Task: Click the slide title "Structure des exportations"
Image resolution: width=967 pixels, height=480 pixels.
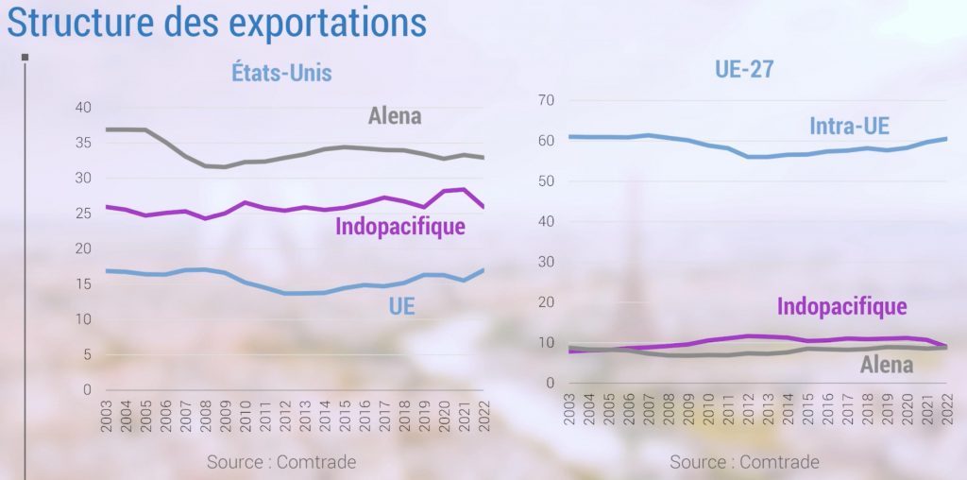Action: [216, 24]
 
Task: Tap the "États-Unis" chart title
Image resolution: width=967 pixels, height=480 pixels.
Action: [281, 73]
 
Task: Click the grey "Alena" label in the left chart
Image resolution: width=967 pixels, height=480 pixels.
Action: [394, 116]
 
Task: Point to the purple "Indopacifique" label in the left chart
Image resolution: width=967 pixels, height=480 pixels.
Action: [400, 227]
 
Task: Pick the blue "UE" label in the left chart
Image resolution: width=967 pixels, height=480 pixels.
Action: [402, 305]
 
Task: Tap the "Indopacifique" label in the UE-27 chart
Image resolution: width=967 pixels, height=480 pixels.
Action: [841, 306]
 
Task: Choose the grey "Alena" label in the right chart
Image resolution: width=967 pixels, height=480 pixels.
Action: [887, 365]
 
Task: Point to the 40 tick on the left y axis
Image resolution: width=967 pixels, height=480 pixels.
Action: [83, 108]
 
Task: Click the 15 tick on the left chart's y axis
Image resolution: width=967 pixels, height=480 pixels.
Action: [83, 284]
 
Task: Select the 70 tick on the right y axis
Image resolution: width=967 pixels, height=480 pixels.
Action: [545, 100]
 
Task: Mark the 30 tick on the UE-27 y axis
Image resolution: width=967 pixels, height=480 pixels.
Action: [545, 262]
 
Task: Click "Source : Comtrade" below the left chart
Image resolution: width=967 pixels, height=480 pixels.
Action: [281, 462]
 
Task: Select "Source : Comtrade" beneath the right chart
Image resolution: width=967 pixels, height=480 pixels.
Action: [745, 462]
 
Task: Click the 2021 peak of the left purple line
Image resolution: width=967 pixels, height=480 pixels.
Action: [464, 190]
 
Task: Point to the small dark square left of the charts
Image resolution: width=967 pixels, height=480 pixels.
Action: [25, 58]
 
